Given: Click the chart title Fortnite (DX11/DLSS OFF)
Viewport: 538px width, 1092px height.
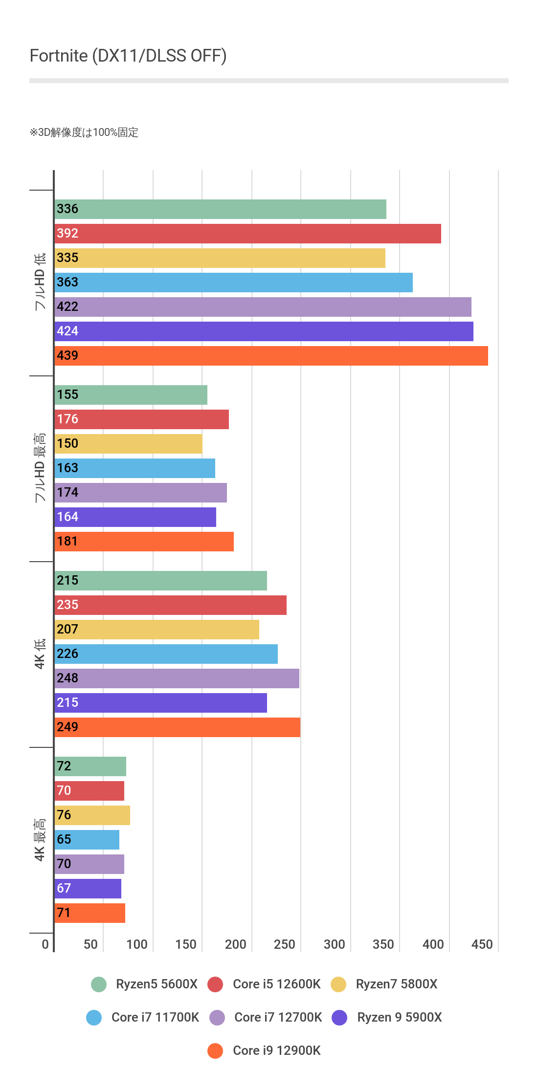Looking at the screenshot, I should pos(128,56).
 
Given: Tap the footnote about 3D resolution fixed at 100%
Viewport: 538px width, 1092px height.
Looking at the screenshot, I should pos(84,132).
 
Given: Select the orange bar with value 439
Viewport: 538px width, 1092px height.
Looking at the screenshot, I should pos(271,356).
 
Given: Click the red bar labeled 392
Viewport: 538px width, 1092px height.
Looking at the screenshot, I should pos(248,234).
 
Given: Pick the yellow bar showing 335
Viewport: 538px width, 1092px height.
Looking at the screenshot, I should pos(220,258).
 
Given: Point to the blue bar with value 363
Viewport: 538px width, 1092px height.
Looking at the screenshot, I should pos(234,283).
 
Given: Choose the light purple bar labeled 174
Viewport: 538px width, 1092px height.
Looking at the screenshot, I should pos(141,493).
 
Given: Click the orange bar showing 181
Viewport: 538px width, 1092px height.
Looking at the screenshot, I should pos(144,542).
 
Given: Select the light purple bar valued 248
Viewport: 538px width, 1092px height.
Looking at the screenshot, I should pos(177,678).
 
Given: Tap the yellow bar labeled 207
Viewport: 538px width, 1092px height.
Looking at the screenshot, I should pos(157,630).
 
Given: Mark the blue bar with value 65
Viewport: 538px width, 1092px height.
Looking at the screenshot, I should pos(87,840).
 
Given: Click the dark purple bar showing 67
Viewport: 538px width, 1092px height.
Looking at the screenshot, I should pos(88,889).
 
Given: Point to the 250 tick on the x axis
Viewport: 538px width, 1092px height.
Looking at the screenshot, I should pos(285,944).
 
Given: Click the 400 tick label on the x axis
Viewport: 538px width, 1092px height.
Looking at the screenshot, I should pos(433,944).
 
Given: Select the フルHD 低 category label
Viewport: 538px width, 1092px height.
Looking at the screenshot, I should pos(40,282).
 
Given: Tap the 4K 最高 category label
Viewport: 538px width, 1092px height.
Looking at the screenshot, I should pos(40,839).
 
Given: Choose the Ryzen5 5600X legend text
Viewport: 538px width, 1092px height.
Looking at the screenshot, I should pos(157,984).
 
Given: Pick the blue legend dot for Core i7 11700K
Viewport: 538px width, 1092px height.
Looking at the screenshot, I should pos(94,1017).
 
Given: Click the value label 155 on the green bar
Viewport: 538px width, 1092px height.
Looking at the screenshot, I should pos(67,394).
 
